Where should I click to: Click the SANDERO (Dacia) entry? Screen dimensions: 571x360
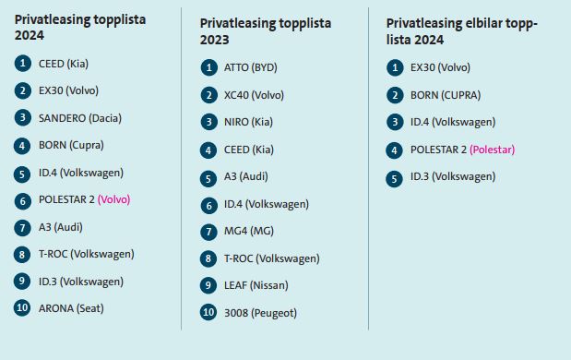click(x=80, y=118)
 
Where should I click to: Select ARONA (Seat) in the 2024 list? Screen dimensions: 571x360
click(x=71, y=308)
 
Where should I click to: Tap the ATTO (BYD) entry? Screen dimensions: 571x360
click(x=251, y=67)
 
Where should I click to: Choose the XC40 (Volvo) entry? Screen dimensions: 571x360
click(x=254, y=95)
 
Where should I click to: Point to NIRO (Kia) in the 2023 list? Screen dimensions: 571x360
click(x=248, y=122)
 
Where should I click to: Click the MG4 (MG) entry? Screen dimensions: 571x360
click(x=249, y=231)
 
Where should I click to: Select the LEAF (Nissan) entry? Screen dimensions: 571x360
click(x=256, y=285)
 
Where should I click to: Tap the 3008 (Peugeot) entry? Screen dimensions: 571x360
click(x=260, y=313)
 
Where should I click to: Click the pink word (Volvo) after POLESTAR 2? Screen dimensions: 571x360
click(x=113, y=199)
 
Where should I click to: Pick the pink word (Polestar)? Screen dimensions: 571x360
click(x=492, y=150)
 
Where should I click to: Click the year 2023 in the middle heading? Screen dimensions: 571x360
click(x=214, y=40)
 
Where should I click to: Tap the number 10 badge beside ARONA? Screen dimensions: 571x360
click(x=22, y=308)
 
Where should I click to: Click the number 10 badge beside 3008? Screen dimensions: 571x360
click(x=208, y=312)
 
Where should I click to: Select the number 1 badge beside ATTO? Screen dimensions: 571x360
click(x=209, y=67)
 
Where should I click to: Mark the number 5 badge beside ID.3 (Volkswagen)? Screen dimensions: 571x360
click(x=395, y=179)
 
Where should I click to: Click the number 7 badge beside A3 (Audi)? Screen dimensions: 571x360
click(x=22, y=228)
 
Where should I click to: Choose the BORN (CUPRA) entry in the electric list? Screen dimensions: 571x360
click(x=446, y=95)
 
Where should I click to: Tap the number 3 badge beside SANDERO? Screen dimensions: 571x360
click(x=22, y=118)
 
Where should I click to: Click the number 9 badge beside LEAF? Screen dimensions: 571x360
click(x=208, y=285)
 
